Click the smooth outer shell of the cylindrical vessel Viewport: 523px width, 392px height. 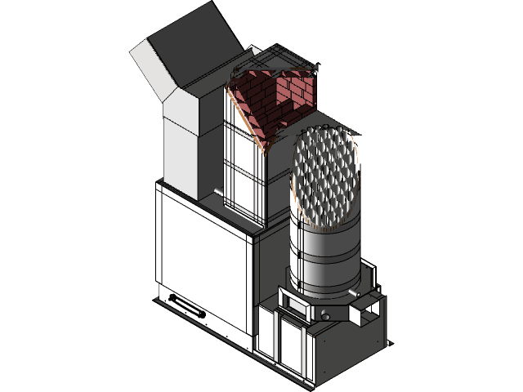[x=323, y=261]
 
